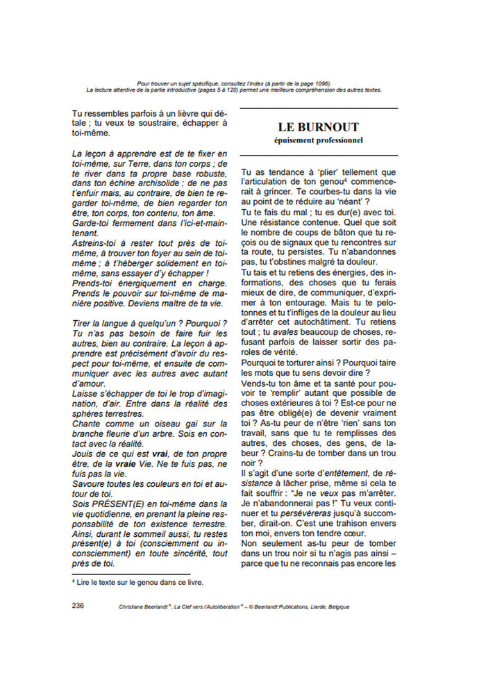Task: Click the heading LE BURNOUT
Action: point(318,127)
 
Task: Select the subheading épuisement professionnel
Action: point(318,140)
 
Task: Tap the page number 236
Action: point(78,606)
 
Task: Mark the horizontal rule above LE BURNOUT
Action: point(318,109)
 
